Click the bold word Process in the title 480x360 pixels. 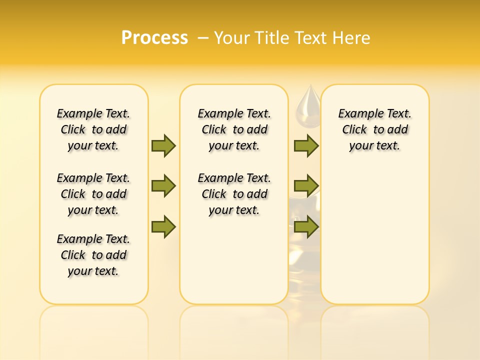(x=154, y=37)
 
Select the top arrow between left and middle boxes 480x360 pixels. (x=163, y=145)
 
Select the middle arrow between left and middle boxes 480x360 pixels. (x=163, y=186)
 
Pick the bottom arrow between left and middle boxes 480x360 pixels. (x=163, y=227)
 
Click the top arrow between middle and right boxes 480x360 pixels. (x=306, y=145)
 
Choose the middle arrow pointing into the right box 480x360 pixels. (x=306, y=186)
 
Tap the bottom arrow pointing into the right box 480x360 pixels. (x=306, y=227)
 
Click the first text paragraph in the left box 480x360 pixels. (x=93, y=129)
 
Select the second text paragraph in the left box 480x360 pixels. (x=93, y=194)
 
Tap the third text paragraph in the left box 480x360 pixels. (x=93, y=255)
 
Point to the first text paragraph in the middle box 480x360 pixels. (x=234, y=129)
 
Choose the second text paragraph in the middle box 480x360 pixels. (x=234, y=194)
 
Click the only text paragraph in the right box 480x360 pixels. (x=375, y=129)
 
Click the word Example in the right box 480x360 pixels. (x=359, y=113)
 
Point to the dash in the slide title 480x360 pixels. (x=203, y=37)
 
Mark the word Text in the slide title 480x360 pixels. (x=312, y=37)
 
